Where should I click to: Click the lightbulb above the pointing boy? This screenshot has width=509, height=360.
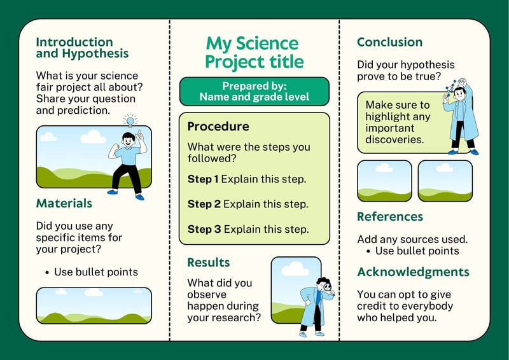point(130,121)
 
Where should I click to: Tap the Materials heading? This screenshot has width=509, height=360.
point(64,203)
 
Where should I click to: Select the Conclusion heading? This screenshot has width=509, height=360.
point(389,42)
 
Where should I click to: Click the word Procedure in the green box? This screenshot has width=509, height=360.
point(218,127)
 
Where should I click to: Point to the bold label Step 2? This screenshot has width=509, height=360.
point(204,204)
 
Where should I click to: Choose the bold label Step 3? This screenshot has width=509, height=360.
point(204,229)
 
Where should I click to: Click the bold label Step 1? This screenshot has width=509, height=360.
point(203,179)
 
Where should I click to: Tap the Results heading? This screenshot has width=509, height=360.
point(209,262)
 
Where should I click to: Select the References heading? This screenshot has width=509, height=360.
point(390,216)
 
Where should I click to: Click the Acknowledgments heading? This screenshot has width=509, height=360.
point(413,272)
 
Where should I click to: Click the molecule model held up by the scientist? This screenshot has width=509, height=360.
point(456,85)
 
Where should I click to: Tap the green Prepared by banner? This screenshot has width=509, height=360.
point(254,92)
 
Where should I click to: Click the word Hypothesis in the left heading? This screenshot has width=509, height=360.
point(95,53)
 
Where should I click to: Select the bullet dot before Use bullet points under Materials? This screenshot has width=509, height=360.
point(47,273)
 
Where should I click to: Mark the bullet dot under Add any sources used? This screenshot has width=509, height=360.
point(368,252)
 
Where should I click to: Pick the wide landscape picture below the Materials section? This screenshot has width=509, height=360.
point(94,305)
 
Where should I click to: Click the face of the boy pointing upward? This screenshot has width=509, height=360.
point(129,141)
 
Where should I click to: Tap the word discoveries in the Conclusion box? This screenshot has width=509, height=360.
point(394,139)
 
